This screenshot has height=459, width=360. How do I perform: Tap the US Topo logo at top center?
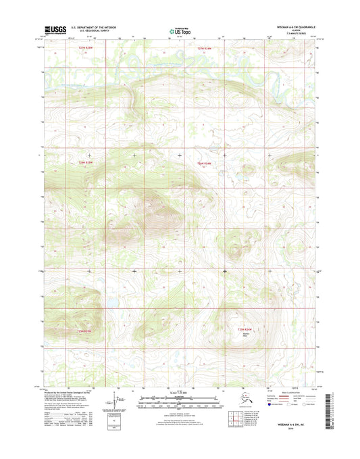(180, 30)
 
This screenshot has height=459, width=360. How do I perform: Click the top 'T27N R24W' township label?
(205, 49)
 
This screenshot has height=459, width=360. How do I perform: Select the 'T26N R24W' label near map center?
(204, 163)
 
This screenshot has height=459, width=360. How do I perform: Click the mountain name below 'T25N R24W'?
(246, 335)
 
